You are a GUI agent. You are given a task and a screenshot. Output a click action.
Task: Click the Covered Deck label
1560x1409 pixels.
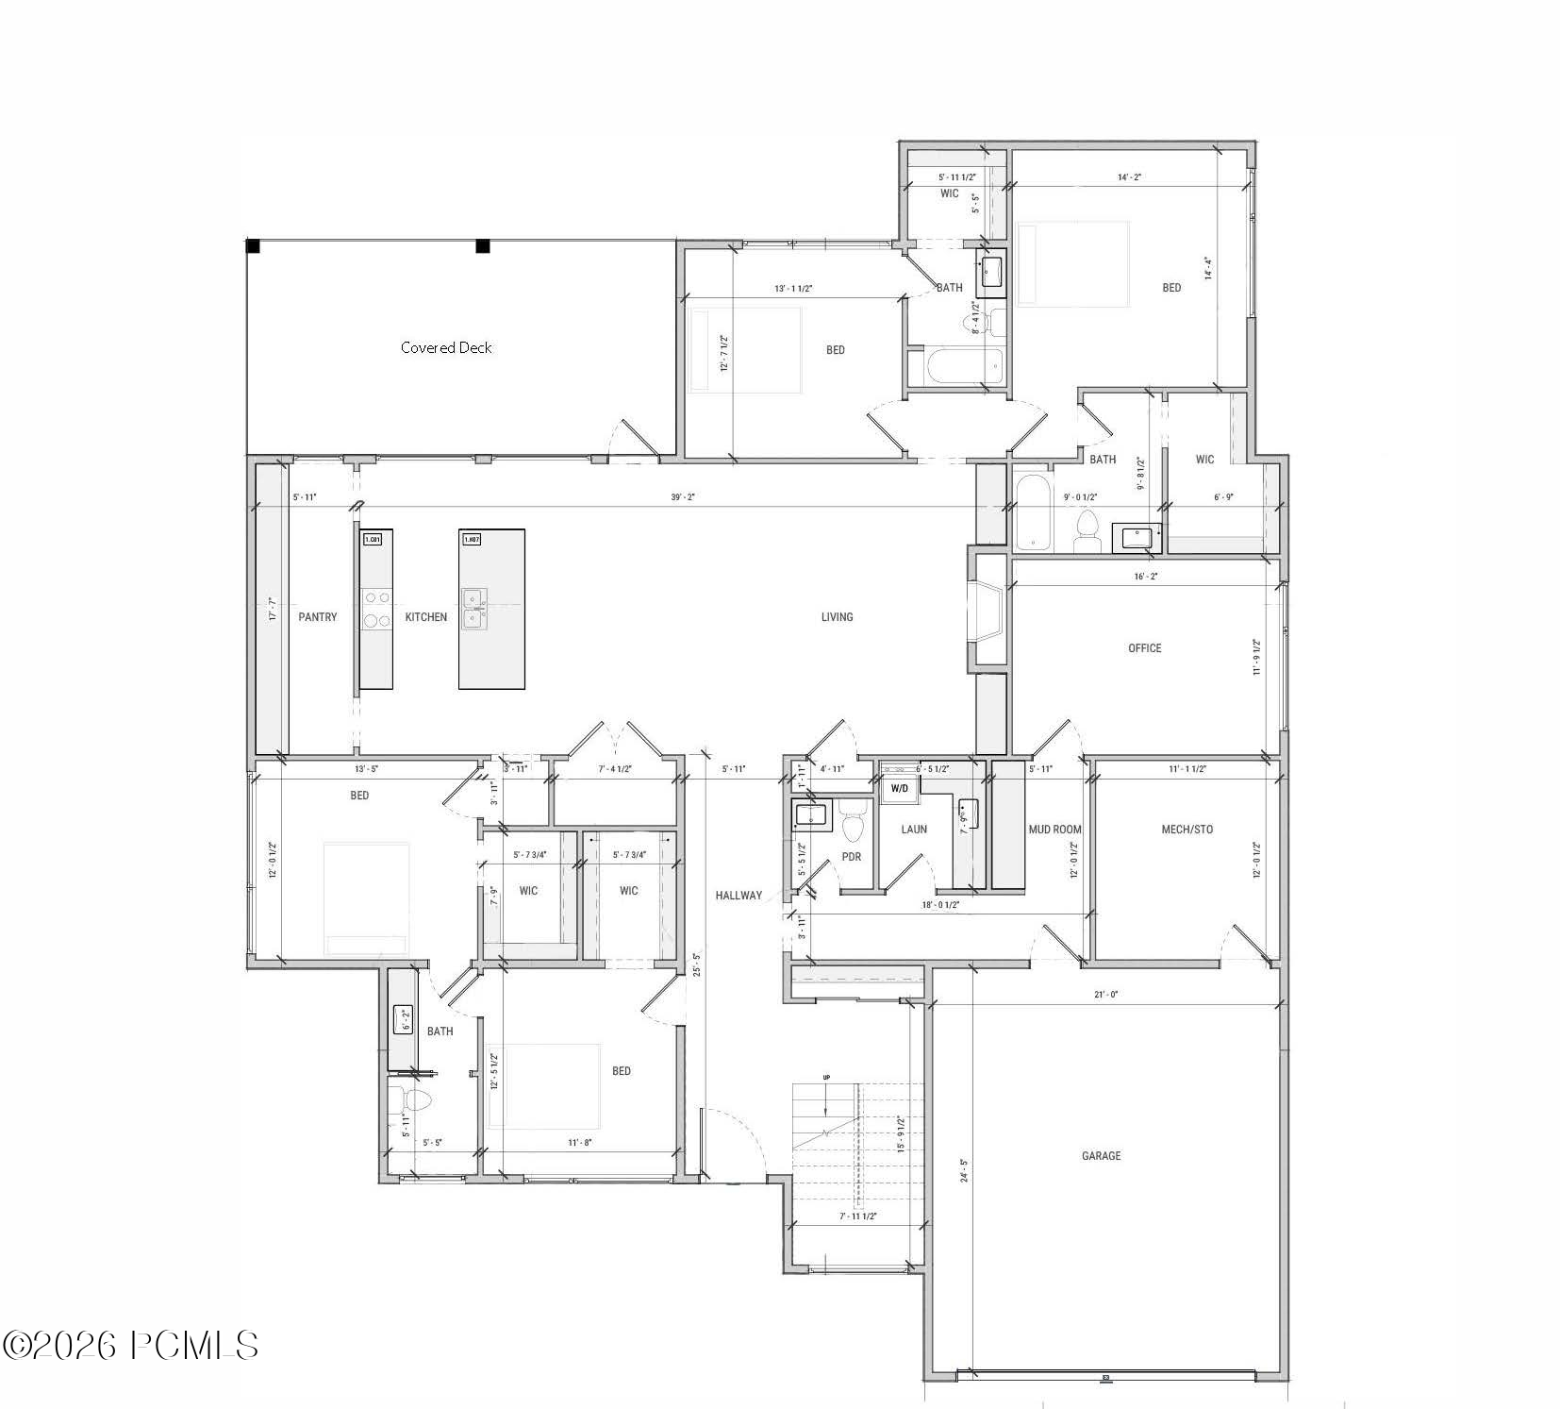pos(446,347)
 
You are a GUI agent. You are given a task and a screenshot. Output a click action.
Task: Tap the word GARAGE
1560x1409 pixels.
pos(1101,1155)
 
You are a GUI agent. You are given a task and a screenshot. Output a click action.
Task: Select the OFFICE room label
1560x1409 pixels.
pos(1144,648)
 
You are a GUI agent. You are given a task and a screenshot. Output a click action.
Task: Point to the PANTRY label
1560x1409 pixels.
pos(318,617)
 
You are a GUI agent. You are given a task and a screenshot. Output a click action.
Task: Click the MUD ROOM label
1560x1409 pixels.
pos(1054,830)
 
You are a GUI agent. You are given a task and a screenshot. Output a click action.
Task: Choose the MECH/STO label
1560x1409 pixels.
pos(1187,830)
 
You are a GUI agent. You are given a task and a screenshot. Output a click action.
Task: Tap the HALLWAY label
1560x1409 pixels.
pos(738,896)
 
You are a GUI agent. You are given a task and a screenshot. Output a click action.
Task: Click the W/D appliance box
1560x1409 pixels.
pos(899,788)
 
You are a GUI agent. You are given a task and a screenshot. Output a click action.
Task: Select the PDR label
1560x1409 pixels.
pos(851,857)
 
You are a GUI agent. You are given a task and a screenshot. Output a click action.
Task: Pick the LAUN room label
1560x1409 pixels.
pos(913,830)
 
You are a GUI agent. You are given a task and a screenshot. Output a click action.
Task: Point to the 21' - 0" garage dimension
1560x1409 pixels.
pos(1106,994)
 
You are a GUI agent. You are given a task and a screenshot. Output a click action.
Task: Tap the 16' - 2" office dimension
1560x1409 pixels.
pos(1145,576)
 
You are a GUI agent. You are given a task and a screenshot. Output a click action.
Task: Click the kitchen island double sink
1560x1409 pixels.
pos(474,609)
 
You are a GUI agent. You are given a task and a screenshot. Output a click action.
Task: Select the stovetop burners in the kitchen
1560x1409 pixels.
pos(377,609)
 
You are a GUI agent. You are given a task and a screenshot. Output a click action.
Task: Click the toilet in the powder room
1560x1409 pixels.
pos(853,823)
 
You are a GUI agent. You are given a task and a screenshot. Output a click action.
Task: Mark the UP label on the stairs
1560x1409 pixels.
pos(826,1077)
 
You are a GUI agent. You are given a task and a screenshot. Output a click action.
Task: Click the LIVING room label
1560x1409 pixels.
pos(837,617)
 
